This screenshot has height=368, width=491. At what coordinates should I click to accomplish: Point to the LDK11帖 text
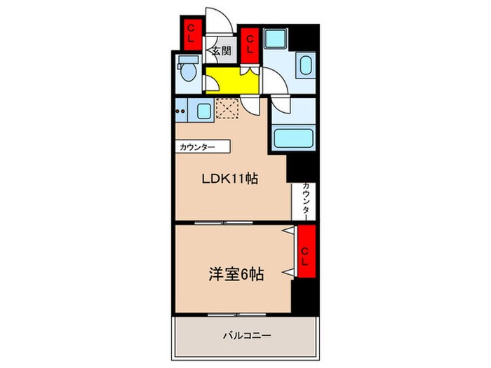point(231,178)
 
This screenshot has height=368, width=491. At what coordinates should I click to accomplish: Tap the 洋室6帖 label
point(235,275)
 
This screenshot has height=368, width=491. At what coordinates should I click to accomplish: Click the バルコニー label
point(241,336)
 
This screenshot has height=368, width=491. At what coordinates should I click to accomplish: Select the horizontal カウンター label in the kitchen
point(203,147)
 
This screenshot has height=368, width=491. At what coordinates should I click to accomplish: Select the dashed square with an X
point(227,109)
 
